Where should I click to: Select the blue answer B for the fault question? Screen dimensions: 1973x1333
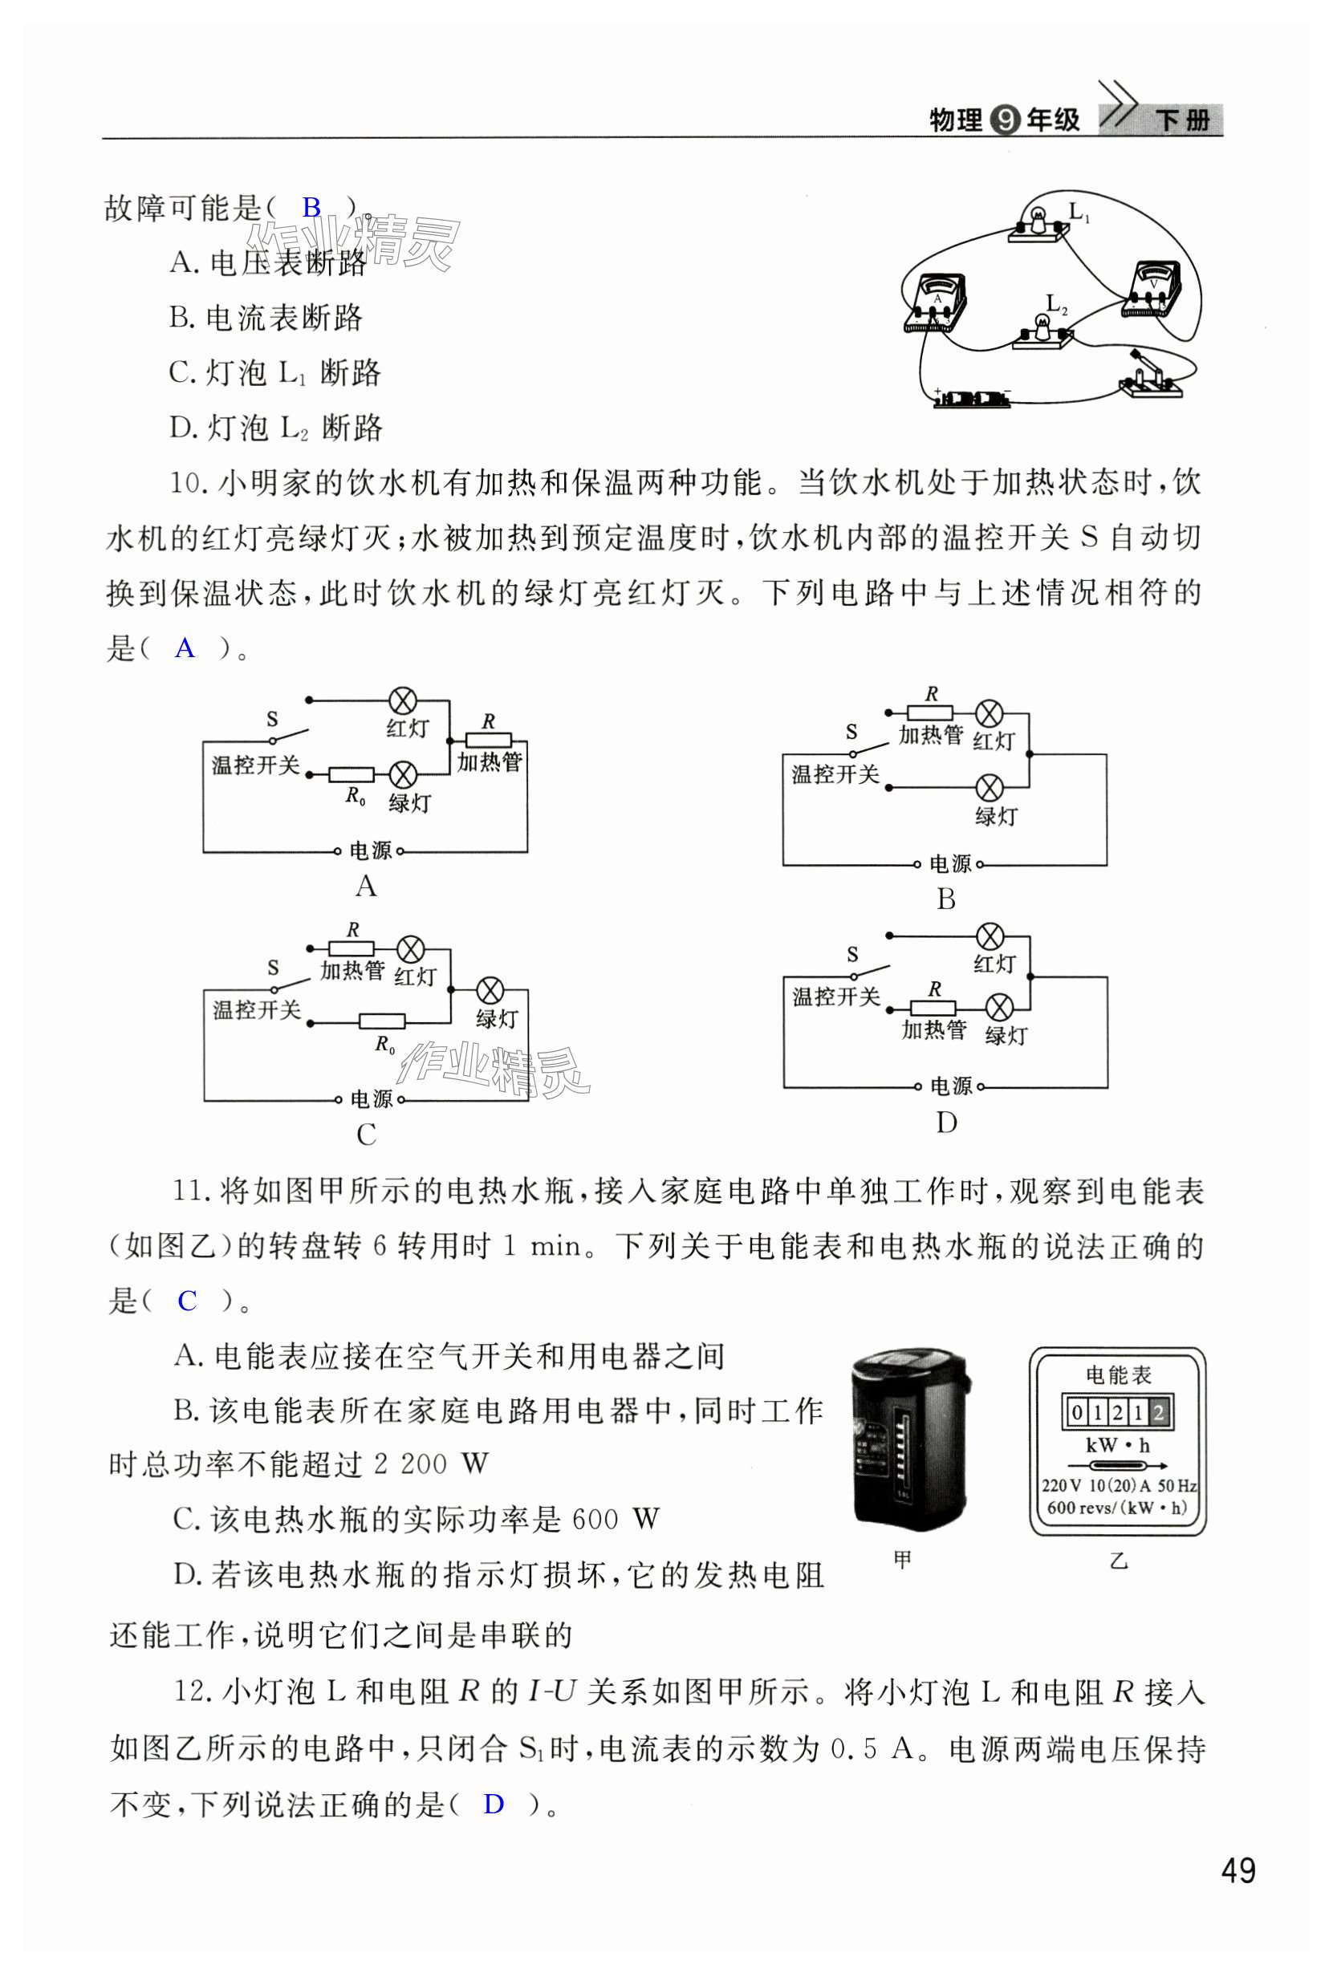tap(311, 207)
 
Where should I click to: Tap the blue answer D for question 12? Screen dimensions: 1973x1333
tap(494, 1803)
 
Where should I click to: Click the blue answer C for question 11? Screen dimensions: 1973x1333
tap(187, 1300)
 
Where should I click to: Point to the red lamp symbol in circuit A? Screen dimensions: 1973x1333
tap(401, 700)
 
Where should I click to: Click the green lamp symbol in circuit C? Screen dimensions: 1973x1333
tap(490, 990)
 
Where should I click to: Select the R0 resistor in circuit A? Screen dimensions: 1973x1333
tap(352, 774)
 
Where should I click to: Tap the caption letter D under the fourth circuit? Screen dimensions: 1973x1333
tap(946, 1122)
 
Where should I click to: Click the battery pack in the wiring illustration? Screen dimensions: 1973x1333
tap(973, 397)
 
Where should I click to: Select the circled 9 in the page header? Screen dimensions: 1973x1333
tap(1005, 120)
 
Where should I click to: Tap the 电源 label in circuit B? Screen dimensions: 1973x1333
tap(949, 864)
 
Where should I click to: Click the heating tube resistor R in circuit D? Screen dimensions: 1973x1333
tap(933, 1008)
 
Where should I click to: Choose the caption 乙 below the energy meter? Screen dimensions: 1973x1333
tap(1118, 1561)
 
